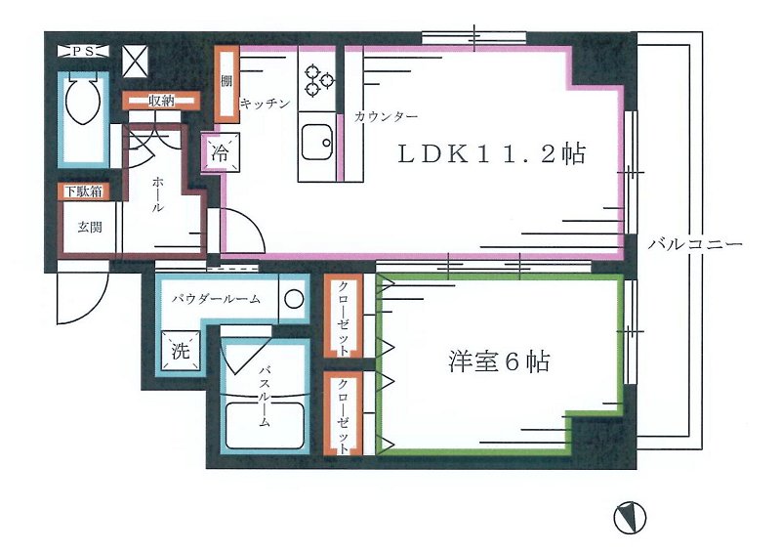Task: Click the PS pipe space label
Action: (x=83, y=52)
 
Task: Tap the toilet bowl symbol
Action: (x=83, y=98)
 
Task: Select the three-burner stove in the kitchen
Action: (x=317, y=80)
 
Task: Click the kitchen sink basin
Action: (x=317, y=142)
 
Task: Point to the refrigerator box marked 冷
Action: (x=220, y=152)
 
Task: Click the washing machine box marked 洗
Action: (x=180, y=351)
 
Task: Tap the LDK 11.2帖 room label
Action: (x=491, y=154)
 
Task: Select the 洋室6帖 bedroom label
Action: (x=499, y=361)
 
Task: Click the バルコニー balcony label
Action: (x=695, y=244)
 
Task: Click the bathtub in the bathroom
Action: (x=265, y=426)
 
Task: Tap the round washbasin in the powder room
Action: (x=294, y=299)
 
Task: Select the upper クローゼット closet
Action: (x=344, y=316)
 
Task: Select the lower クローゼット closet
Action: (x=344, y=413)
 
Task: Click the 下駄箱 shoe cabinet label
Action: (x=83, y=191)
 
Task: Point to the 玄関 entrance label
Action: (x=90, y=228)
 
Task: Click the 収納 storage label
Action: (x=161, y=101)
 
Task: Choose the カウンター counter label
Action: (x=386, y=117)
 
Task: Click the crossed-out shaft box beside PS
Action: (x=135, y=62)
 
